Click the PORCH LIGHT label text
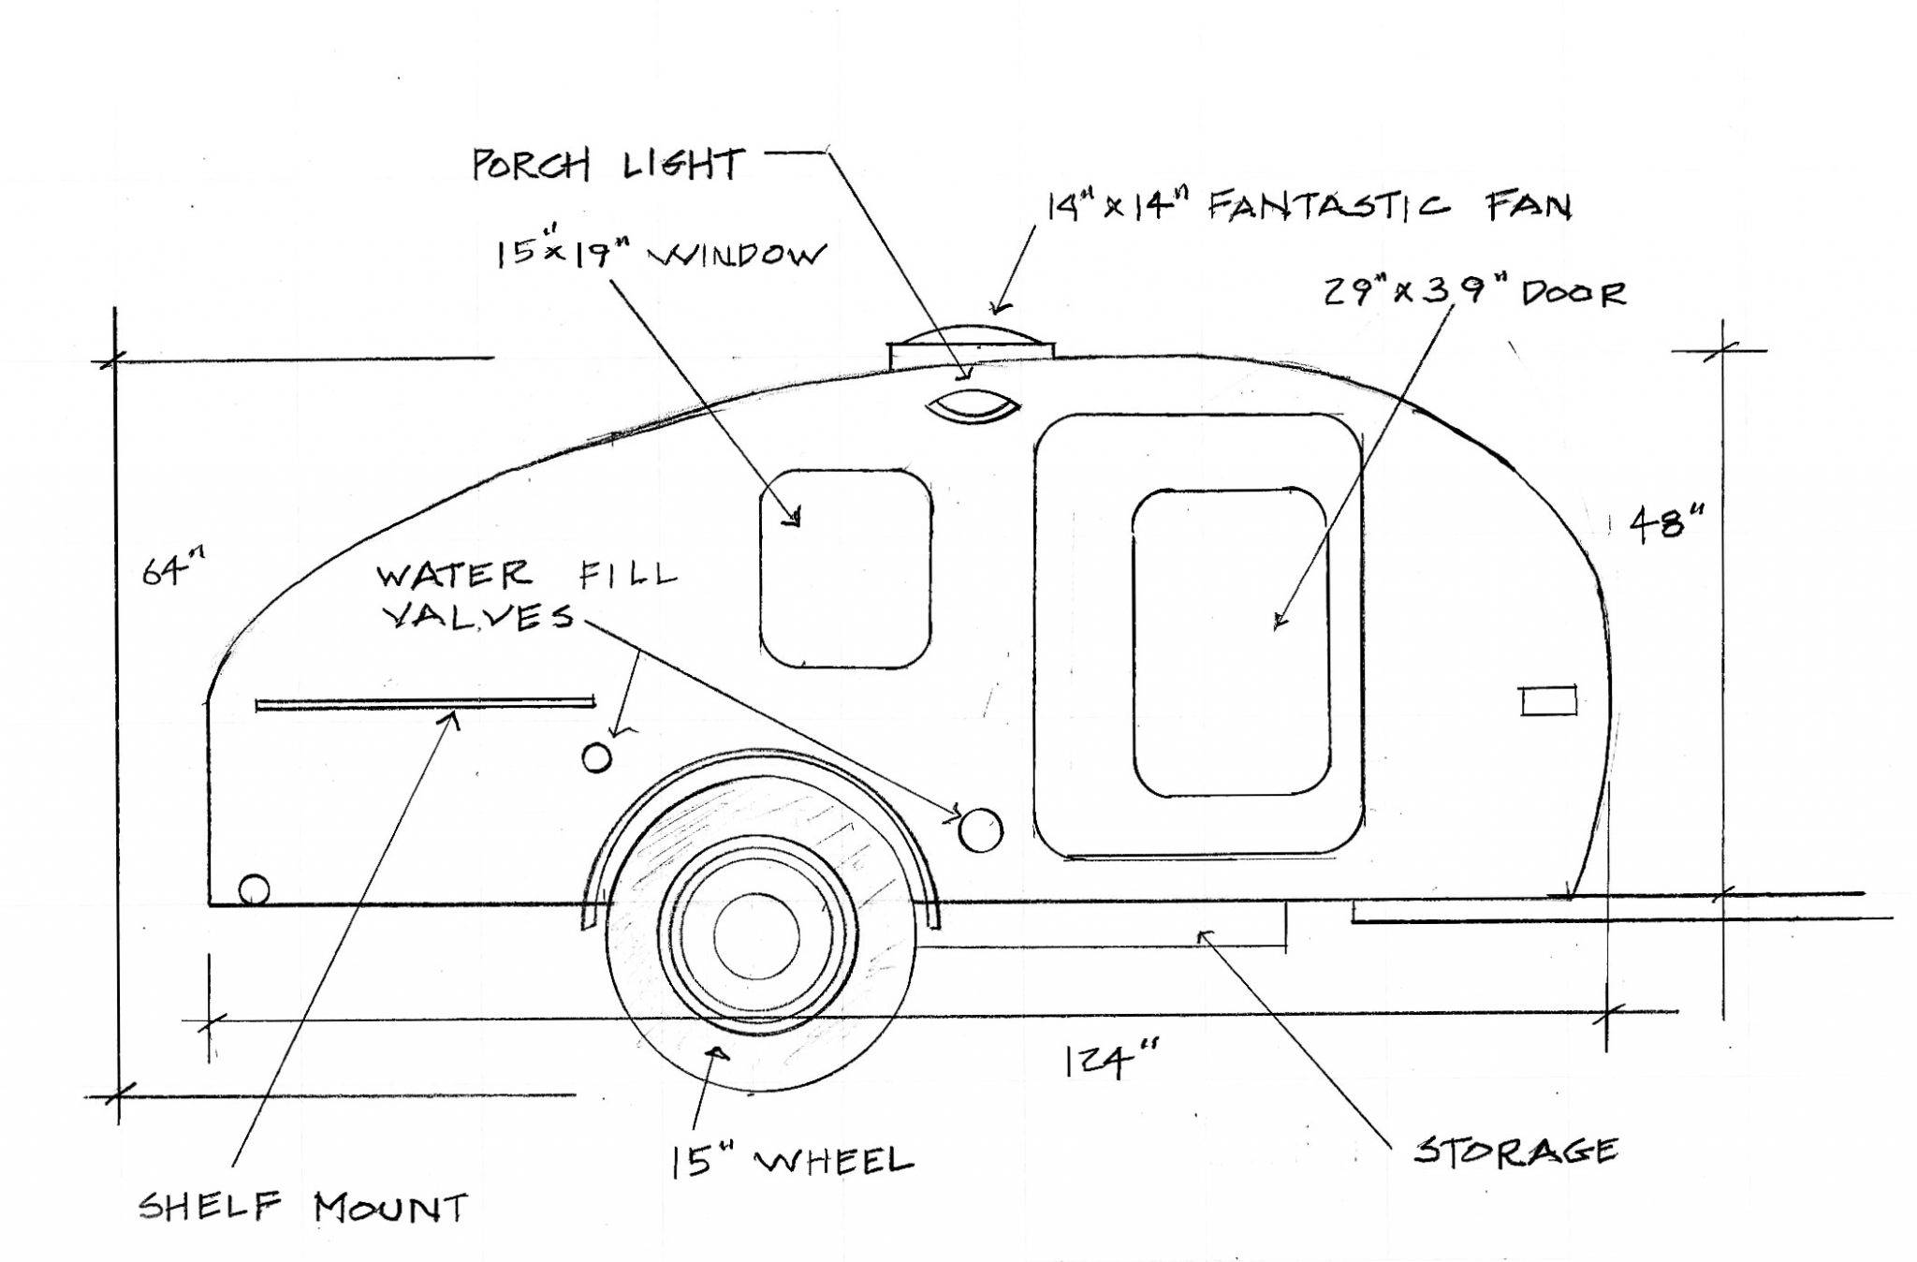(607, 165)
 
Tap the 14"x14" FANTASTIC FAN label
(1309, 205)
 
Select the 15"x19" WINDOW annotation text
(661, 254)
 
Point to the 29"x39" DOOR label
(1474, 292)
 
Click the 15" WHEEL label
(791, 1161)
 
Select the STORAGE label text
(1515, 1150)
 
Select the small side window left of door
(846, 568)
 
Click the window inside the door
(1230, 642)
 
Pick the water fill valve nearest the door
(981, 830)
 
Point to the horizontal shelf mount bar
(425, 702)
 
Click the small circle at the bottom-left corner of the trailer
(254, 889)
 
